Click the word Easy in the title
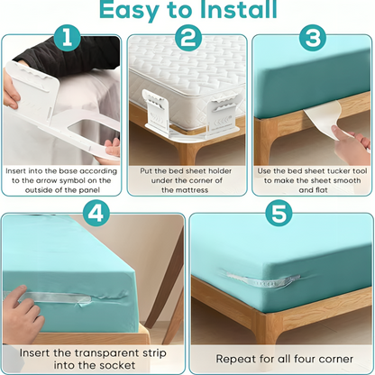coord(132,12)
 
